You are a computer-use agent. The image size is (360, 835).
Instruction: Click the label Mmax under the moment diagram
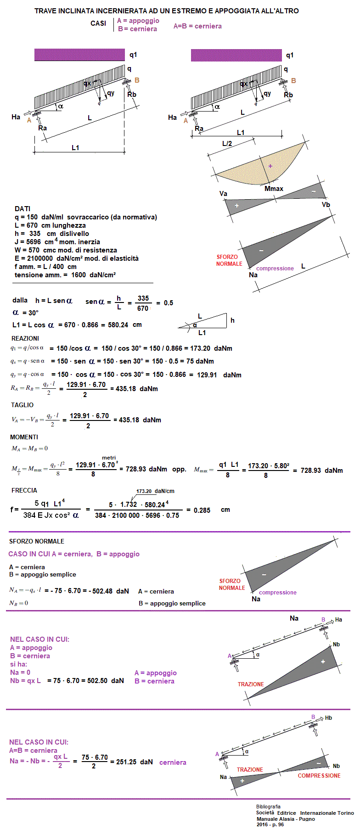click(274, 189)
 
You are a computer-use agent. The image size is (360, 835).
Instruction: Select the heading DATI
click(22, 209)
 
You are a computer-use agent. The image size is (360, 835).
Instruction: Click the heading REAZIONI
click(25, 338)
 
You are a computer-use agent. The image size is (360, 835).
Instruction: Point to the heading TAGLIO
click(22, 405)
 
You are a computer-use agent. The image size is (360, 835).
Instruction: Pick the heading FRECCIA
click(24, 490)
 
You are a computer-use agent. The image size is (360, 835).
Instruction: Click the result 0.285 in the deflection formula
click(202, 510)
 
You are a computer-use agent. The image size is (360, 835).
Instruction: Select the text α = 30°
click(26, 313)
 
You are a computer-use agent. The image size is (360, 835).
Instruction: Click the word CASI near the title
click(98, 23)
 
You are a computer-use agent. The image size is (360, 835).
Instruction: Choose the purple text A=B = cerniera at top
click(197, 26)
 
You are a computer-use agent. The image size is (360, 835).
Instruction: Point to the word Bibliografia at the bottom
click(268, 807)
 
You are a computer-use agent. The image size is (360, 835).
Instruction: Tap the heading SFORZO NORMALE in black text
click(37, 541)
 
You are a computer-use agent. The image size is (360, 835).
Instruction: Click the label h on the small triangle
click(232, 320)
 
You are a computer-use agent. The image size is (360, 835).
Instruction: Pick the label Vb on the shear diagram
click(326, 205)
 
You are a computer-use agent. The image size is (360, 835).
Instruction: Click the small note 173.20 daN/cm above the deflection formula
click(155, 491)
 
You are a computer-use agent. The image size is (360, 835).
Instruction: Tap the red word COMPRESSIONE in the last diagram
click(319, 775)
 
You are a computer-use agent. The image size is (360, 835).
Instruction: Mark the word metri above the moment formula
click(109, 458)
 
